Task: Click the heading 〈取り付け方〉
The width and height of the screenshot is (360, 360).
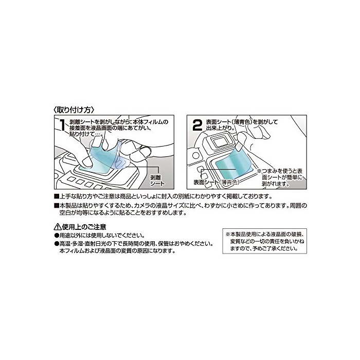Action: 74,110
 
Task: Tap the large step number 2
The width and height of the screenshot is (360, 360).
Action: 197,125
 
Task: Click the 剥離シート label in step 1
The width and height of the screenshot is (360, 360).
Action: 157,180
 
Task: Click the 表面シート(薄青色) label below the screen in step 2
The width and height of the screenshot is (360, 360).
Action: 217,182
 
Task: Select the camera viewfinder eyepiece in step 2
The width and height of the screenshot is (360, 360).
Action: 221,141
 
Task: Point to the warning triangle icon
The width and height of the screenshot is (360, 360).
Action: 58,227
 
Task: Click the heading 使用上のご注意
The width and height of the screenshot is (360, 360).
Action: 84,227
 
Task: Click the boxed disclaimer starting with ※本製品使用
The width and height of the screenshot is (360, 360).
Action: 264,241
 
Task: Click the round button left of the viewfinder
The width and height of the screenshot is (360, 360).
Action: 195,155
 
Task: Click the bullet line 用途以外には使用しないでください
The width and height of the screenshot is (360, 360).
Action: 100,236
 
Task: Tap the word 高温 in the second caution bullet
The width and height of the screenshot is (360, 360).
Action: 64,243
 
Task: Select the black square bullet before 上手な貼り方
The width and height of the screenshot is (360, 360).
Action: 56,196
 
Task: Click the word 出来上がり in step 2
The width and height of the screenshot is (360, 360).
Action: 219,128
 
